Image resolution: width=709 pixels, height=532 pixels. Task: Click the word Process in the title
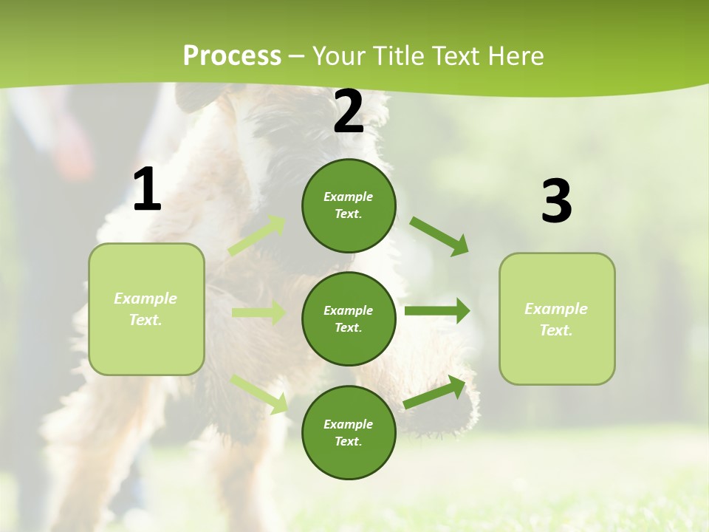tap(232, 56)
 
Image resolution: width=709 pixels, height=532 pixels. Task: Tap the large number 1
tap(147, 190)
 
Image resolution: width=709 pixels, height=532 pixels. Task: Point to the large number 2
tap(349, 112)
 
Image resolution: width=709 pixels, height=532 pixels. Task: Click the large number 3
tap(556, 202)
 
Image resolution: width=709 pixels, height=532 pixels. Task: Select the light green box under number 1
tap(146, 309)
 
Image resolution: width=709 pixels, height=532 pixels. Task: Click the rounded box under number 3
tap(557, 318)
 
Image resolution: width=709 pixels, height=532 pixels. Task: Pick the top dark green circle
tap(349, 205)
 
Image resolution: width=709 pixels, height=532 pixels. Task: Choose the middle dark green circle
tap(349, 318)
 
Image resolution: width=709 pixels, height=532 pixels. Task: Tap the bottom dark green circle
tap(349, 432)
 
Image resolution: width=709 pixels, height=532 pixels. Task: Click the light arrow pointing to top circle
tap(257, 236)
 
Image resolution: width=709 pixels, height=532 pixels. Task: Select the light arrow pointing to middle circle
tap(258, 313)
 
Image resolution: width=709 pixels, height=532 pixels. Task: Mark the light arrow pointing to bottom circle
tap(258, 394)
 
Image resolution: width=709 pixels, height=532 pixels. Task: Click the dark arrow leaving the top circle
tap(439, 236)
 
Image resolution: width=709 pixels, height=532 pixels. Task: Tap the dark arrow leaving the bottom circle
tap(435, 392)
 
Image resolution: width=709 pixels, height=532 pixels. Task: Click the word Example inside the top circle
tap(349, 197)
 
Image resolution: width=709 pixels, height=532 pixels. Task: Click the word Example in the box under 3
tap(556, 309)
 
